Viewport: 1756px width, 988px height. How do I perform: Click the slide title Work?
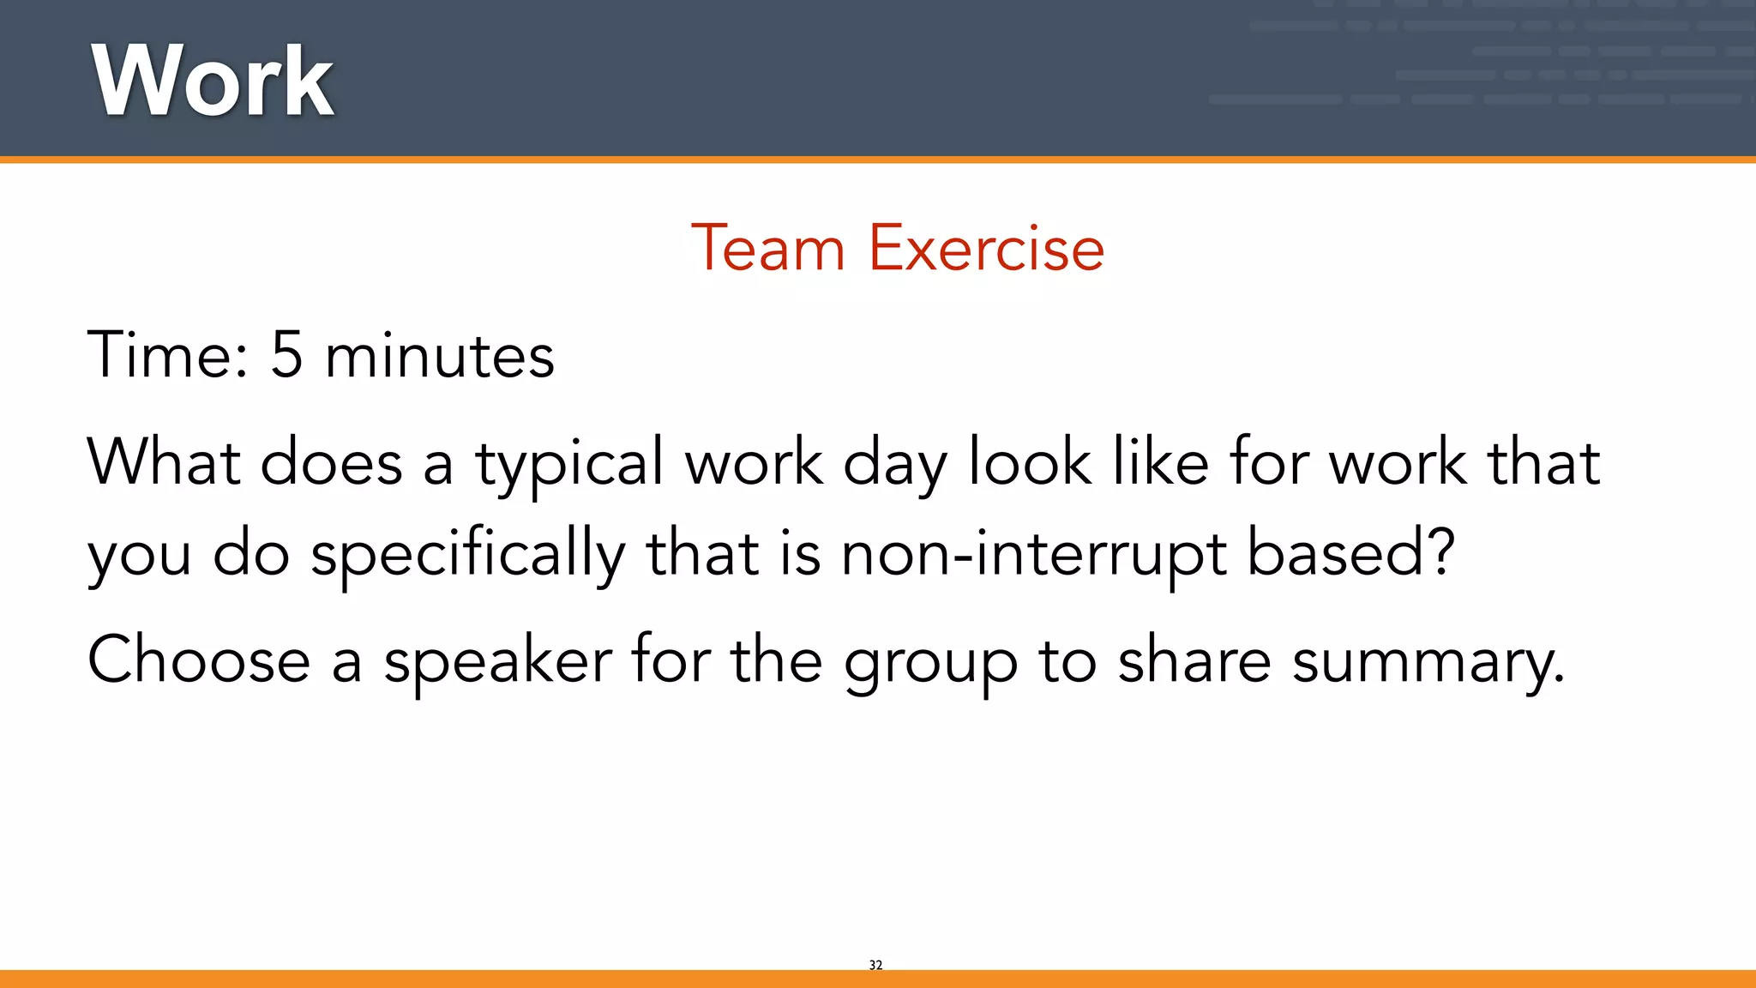pos(213,81)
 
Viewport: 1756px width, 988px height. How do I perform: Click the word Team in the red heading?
pos(767,249)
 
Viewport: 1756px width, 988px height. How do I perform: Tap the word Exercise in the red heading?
pos(986,249)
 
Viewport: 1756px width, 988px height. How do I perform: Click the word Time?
pos(168,354)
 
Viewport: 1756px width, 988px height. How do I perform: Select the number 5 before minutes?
pos(286,354)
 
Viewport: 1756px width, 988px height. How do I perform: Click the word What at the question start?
pos(163,462)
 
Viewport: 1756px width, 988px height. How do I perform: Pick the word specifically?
pos(467,556)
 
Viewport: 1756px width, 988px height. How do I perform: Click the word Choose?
pos(199,660)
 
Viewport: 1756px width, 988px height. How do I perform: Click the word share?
pos(1194,660)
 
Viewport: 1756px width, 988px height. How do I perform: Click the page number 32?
pos(875,965)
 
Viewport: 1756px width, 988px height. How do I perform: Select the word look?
pos(1030,462)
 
